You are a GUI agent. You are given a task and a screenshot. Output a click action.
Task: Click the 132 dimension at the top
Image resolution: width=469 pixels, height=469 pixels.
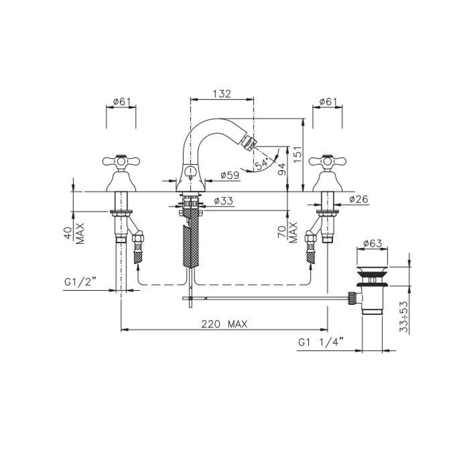click(222, 94)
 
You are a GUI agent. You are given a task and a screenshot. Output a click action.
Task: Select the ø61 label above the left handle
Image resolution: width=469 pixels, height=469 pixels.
click(121, 102)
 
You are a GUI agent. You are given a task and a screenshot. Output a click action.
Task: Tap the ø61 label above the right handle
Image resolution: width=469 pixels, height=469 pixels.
click(327, 102)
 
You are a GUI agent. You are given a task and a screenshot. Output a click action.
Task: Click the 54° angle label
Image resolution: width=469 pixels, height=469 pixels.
click(261, 164)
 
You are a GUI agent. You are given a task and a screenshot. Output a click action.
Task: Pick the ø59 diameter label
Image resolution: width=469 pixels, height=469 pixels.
click(230, 175)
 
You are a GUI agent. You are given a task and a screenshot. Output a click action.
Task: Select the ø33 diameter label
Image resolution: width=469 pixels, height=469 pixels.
click(223, 201)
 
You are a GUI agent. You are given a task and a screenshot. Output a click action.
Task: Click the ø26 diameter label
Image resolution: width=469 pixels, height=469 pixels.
click(359, 199)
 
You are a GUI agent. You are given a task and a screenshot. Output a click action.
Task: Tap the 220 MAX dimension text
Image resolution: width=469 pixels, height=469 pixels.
click(224, 324)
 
